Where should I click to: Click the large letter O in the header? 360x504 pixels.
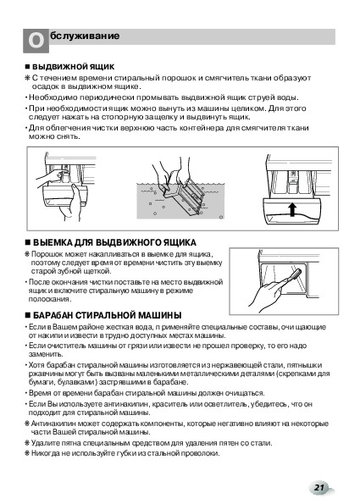tap(36, 41)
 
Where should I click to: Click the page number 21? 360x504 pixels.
tap(318, 487)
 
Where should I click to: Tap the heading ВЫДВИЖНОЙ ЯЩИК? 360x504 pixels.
tap(74, 67)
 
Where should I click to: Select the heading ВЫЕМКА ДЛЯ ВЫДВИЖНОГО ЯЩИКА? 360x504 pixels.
tap(114, 242)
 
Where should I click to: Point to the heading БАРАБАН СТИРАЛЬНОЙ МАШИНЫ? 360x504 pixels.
tap(108, 315)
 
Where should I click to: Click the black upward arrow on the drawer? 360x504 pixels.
tap(292, 209)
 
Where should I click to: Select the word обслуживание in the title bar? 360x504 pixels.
tap(85, 36)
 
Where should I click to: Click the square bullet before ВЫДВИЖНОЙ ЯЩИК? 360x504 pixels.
tap(28, 67)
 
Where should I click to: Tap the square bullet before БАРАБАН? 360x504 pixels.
tap(28, 315)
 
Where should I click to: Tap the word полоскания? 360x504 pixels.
tap(50, 299)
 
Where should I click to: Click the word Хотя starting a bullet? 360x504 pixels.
tap(36, 365)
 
